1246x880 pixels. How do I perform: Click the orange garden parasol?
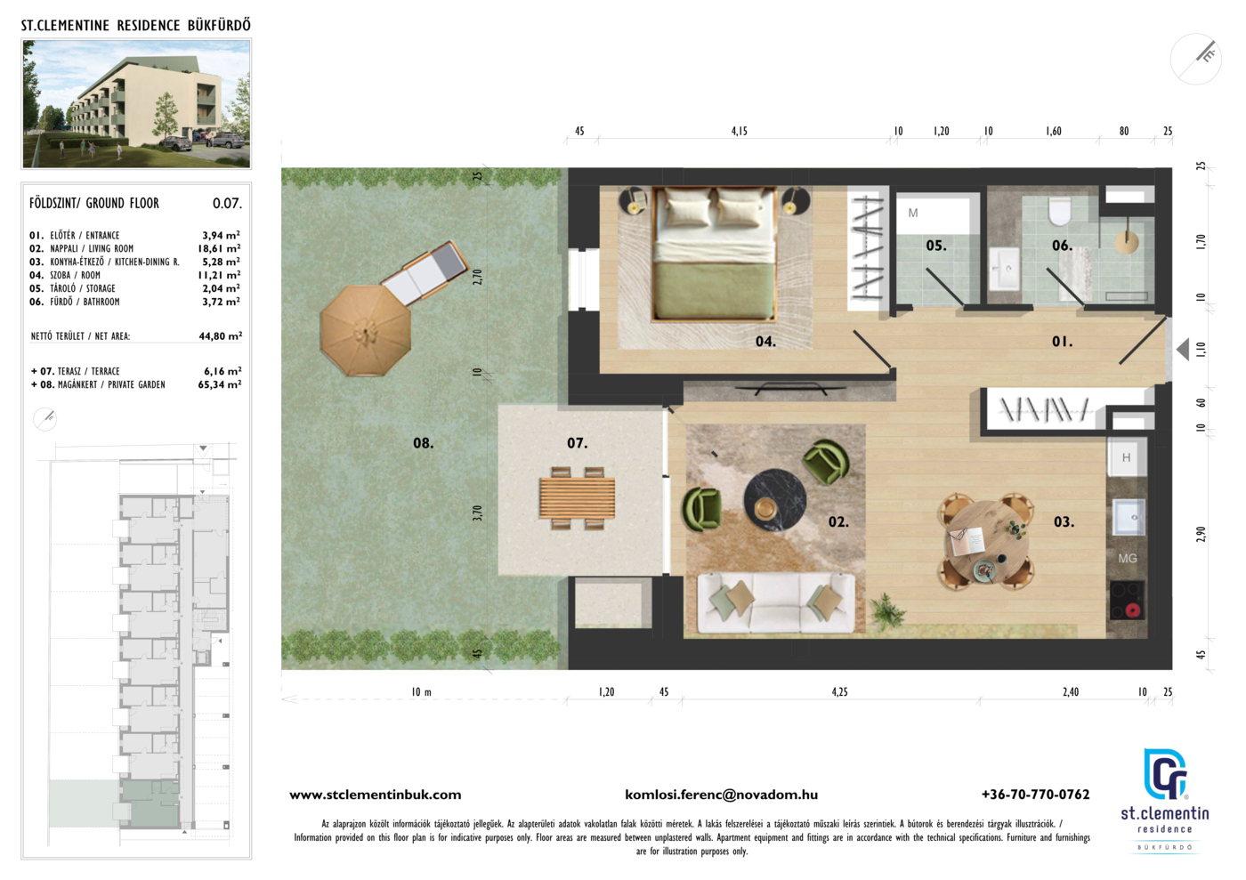click(x=366, y=331)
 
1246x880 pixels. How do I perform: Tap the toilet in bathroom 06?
click(x=1059, y=213)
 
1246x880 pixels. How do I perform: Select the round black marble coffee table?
click(x=775, y=500)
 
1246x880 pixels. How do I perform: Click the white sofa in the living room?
click(x=776, y=603)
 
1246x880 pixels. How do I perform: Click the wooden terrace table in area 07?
click(x=577, y=498)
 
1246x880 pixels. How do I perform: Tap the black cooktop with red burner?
click(x=1127, y=601)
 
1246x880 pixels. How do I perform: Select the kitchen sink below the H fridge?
click(x=1129, y=517)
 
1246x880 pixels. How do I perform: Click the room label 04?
click(x=765, y=342)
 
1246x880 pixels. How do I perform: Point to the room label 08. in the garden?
click(x=424, y=443)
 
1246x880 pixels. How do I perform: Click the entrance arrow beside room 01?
click(x=1183, y=350)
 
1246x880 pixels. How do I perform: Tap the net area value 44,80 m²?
click(x=221, y=336)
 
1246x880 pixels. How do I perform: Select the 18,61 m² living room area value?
click(x=219, y=248)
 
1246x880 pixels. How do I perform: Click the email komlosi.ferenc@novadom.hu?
click(x=722, y=795)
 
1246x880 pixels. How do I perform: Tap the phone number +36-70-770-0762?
click(x=1036, y=795)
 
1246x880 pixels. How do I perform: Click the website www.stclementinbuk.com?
click(x=376, y=795)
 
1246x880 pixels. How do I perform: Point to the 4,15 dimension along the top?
click(x=740, y=132)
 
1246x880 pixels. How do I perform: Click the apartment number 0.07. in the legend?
click(x=228, y=204)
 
